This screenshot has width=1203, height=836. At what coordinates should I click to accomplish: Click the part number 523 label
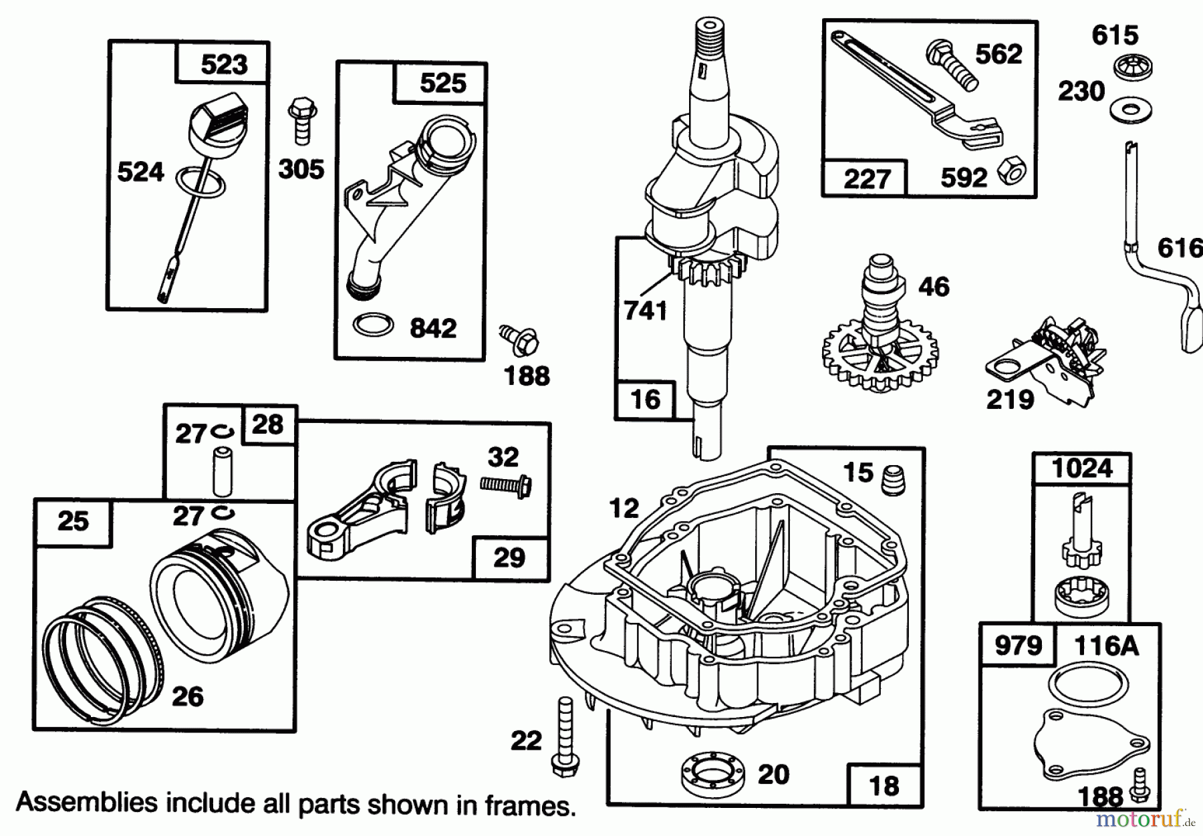pyautogui.click(x=224, y=65)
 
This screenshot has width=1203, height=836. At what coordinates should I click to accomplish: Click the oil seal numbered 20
pyautogui.click(x=710, y=774)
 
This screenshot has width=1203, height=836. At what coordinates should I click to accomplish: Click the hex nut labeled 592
pyautogui.click(x=1013, y=172)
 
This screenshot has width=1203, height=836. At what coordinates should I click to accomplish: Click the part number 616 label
pyautogui.click(x=1180, y=249)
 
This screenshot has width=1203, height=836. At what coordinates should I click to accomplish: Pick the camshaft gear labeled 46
pyautogui.click(x=879, y=334)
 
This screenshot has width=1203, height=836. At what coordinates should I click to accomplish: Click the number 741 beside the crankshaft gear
pyautogui.click(x=645, y=311)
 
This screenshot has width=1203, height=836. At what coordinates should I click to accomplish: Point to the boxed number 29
pyautogui.click(x=509, y=557)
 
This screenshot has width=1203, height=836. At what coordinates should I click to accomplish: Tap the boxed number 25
pyautogui.click(x=73, y=521)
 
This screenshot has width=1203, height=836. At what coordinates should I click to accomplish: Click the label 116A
pyautogui.click(x=1105, y=646)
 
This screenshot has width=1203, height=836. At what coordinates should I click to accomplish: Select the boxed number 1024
pyautogui.click(x=1081, y=468)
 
